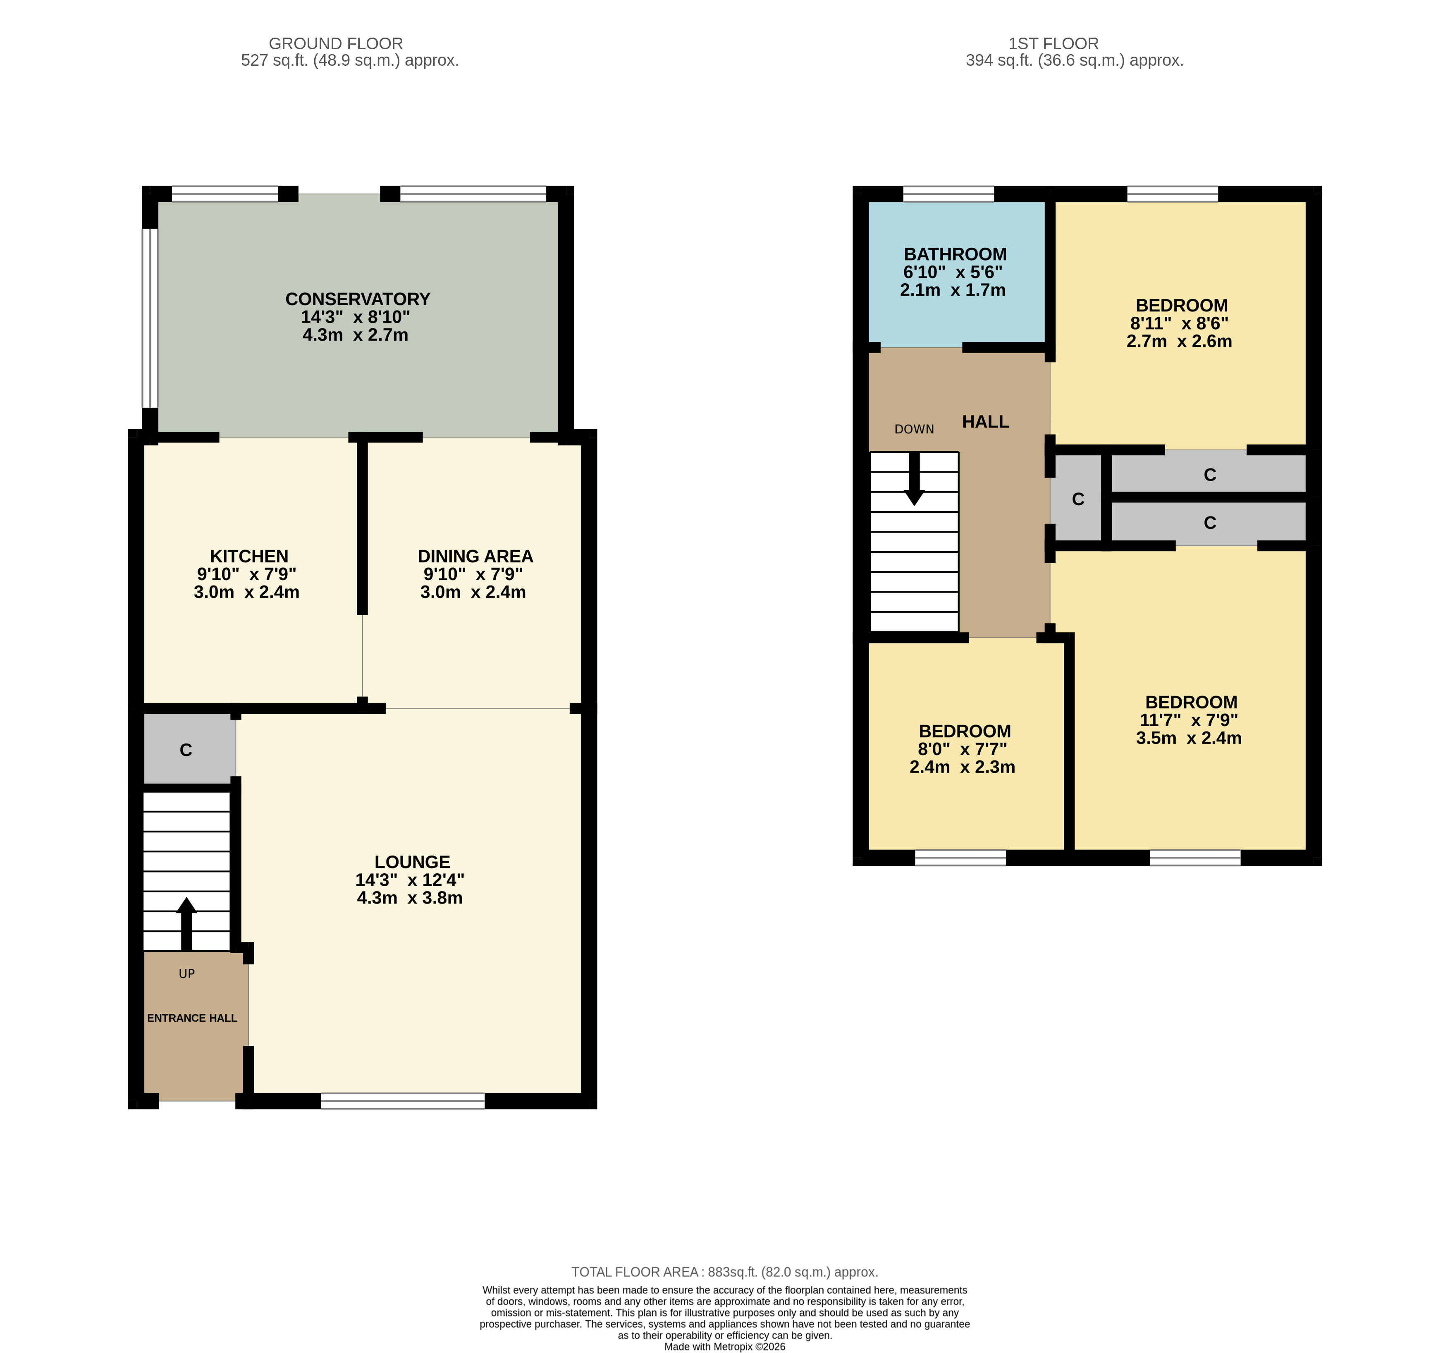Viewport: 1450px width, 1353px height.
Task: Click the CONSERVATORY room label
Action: point(357,299)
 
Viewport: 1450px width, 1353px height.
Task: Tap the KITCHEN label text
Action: point(249,557)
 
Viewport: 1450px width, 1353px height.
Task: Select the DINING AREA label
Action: point(475,557)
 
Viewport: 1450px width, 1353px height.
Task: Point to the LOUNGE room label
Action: point(412,862)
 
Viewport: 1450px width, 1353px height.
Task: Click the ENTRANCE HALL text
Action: point(192,1018)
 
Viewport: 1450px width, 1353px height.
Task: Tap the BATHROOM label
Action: point(955,255)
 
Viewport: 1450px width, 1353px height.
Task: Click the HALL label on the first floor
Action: point(985,422)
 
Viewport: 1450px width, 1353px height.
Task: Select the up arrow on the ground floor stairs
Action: point(187,924)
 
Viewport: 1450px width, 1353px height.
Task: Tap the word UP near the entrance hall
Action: point(187,974)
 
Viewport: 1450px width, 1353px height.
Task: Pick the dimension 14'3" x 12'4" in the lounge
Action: point(409,880)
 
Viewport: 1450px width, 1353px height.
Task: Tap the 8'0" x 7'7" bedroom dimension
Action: point(962,750)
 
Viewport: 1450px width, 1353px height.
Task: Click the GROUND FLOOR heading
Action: point(335,44)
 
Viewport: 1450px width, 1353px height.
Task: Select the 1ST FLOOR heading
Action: point(1053,44)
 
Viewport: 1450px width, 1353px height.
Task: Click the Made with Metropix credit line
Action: point(724,1346)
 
